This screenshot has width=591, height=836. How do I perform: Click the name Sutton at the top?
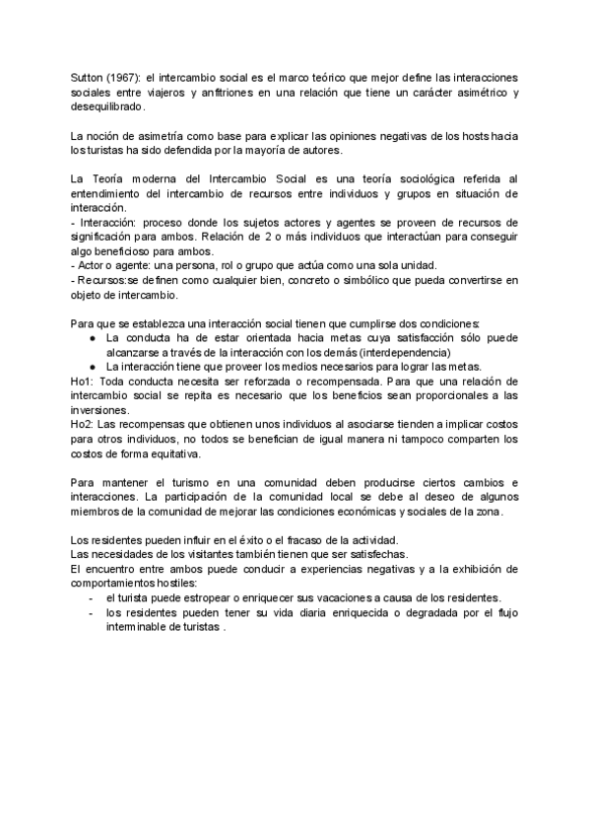click(87, 78)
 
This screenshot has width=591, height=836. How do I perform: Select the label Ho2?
click(83, 424)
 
